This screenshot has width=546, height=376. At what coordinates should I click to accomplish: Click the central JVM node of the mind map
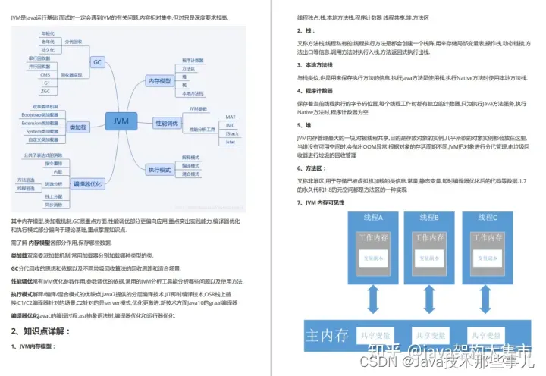click(x=121, y=121)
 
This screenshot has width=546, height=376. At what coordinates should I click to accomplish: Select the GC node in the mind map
click(x=97, y=61)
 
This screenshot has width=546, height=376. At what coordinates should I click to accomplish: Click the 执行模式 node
click(x=160, y=169)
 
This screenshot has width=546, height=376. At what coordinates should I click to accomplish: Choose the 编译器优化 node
click(x=87, y=183)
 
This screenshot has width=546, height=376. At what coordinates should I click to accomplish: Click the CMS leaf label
click(x=45, y=75)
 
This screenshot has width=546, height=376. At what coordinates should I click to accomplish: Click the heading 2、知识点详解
click(x=42, y=331)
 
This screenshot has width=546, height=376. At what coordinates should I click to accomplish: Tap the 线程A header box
click(x=373, y=218)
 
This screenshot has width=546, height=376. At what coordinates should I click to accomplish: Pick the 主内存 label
click(x=328, y=334)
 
